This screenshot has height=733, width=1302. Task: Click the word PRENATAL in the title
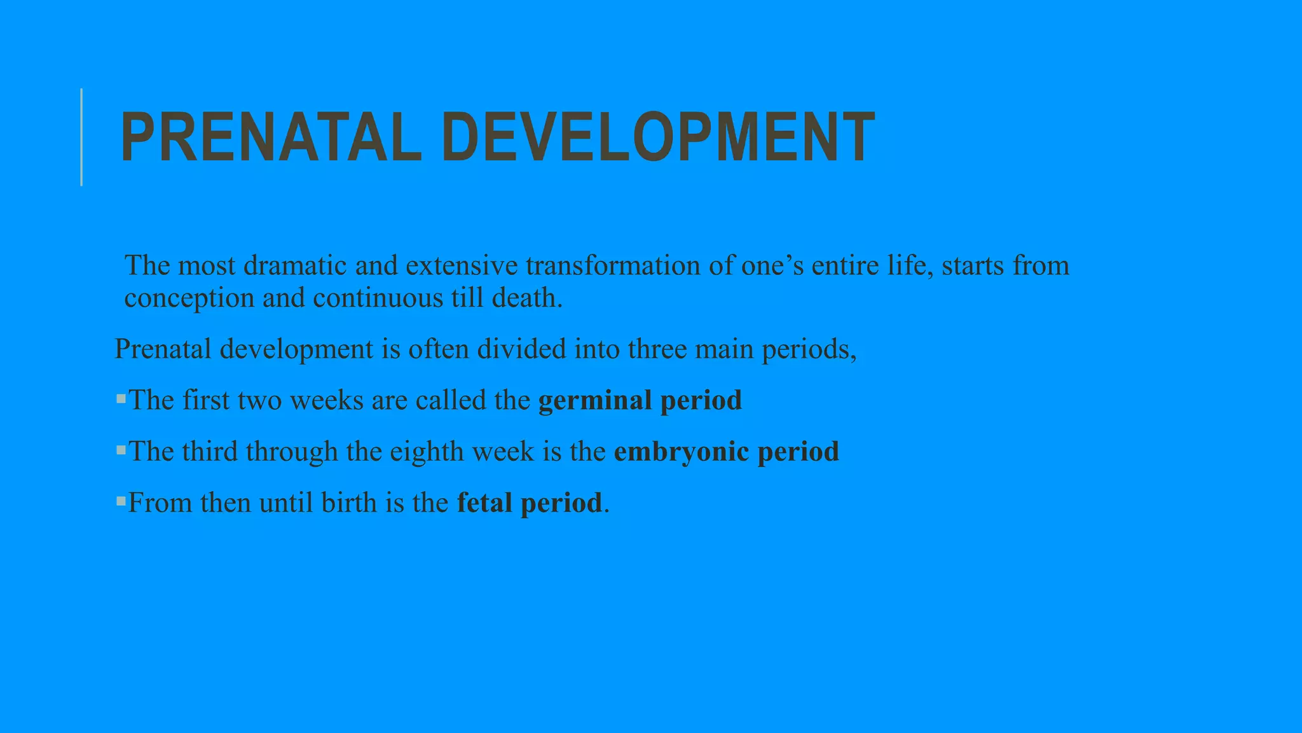pos(270,137)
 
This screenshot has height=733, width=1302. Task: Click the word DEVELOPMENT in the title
pos(658,137)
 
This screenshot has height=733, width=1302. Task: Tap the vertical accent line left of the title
pos(81,137)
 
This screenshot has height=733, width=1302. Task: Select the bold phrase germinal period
pos(640,401)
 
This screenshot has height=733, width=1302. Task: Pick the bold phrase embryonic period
pos(726,452)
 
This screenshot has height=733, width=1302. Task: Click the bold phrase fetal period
pos(529,503)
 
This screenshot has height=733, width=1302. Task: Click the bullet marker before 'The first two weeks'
pos(121,399)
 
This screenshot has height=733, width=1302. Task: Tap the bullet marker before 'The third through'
pos(121,450)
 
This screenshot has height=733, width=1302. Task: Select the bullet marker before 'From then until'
pos(121,501)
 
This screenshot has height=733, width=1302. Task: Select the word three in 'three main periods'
pos(657,349)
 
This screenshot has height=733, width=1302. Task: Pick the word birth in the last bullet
pos(349,503)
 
